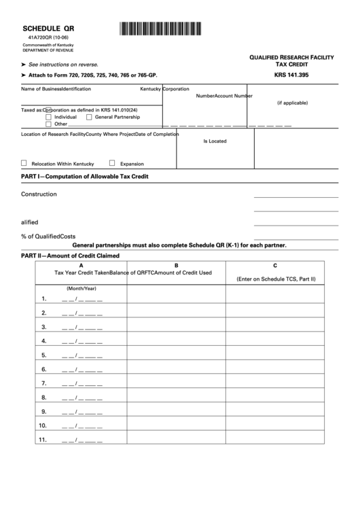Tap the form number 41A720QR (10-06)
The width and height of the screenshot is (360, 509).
(46, 38)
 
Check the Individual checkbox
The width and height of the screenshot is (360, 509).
(48, 117)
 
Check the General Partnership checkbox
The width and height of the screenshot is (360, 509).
(89, 117)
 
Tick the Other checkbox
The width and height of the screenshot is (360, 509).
(48, 124)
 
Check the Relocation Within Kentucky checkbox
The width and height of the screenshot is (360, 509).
(24, 164)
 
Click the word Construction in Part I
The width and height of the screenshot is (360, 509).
(39, 194)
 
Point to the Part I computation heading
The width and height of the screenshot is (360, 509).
(85, 177)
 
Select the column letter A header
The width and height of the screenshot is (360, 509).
(81, 265)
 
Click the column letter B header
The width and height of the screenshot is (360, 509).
(176, 265)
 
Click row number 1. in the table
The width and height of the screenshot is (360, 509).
(43, 298)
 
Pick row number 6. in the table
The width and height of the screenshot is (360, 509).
(43, 370)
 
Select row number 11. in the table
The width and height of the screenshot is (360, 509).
(42, 440)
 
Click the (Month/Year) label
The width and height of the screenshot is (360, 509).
(81, 288)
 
